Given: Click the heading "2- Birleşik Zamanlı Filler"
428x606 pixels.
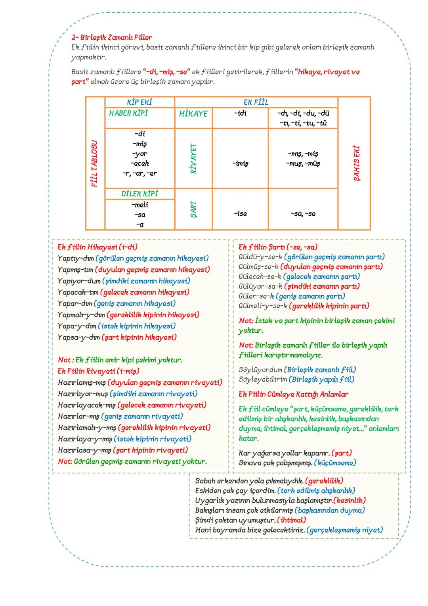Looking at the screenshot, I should point(112,38).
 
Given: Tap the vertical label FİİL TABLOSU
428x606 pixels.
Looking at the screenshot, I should point(95,163).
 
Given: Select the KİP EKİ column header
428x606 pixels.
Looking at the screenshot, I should point(139,102).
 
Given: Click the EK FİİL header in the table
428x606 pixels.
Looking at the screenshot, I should point(256,102).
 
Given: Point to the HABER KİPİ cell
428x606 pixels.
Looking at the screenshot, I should point(128,113).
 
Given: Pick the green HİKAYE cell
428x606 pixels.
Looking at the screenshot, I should point(193,114).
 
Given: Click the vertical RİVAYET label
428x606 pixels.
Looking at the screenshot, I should point(193,158).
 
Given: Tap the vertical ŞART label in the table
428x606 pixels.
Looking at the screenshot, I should point(193,209).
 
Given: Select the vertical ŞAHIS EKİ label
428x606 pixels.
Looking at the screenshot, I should point(356,163).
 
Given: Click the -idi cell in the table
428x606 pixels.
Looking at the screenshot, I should point(240,113).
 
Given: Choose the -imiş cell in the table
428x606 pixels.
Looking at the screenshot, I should point(240,163).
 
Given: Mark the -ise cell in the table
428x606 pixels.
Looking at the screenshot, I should point(240,214).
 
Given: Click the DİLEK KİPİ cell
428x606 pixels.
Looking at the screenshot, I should point(139,194).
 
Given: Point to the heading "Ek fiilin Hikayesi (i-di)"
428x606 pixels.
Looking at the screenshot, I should point(97,247).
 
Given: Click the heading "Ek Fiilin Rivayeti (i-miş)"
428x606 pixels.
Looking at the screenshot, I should point(98,371).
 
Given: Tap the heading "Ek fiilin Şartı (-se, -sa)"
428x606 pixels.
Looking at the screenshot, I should point(278,247).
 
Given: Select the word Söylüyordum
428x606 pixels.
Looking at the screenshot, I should point(260,370).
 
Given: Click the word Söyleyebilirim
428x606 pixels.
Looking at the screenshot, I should point(263,380).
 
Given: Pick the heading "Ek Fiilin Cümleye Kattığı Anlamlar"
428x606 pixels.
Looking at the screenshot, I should point(294,394).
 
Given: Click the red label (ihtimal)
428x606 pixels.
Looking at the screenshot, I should point(292,520).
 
